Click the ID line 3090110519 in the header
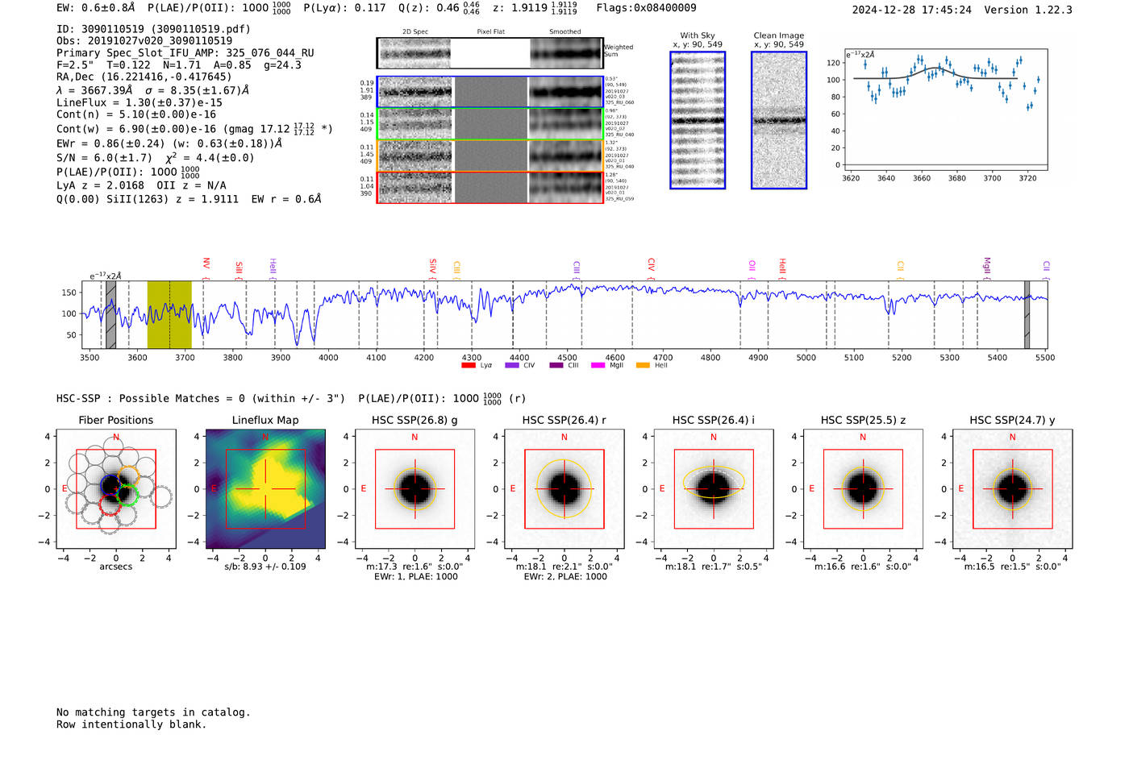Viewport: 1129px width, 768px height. click(x=153, y=29)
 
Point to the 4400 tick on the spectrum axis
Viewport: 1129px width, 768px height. click(x=519, y=357)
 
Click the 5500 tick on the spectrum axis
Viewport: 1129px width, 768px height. click(x=1045, y=357)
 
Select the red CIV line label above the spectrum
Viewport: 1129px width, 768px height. click(x=652, y=264)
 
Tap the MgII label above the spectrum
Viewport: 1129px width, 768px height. click(x=986, y=265)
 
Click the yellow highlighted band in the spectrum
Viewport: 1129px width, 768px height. click(x=169, y=315)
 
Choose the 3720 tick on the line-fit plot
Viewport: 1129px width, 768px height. click(x=1027, y=178)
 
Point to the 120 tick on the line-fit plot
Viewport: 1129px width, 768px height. click(x=833, y=63)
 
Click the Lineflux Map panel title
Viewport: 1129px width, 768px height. click(x=265, y=420)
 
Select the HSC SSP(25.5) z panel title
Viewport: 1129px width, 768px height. click(x=863, y=420)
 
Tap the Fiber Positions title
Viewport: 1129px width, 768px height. click(x=115, y=420)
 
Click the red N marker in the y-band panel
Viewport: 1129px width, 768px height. click(x=1012, y=437)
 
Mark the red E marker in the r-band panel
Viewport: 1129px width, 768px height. click(x=513, y=488)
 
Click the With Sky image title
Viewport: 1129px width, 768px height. click(x=698, y=35)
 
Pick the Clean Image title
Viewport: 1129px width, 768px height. click(x=779, y=35)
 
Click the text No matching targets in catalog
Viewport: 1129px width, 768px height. click(x=153, y=712)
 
